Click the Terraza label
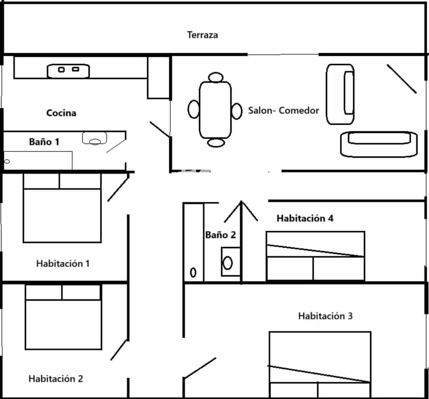202,35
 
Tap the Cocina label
61,113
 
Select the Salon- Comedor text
283,110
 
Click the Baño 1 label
44,142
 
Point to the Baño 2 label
220,235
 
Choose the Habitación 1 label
63,264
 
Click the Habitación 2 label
55,378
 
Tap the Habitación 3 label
325,316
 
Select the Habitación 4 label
305,218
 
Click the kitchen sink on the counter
68,70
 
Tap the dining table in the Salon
215,110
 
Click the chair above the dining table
215,77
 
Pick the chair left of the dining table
193,109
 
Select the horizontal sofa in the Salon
378,144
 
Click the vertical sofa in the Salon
340,94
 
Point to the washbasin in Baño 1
94,138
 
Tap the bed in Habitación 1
62,208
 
